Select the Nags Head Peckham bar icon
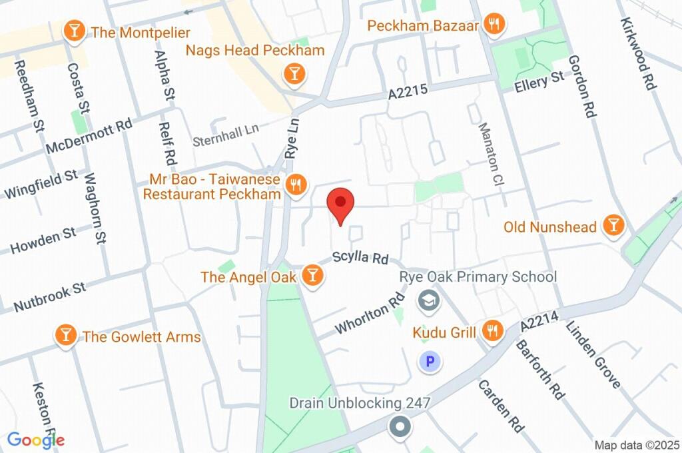coord(294,74)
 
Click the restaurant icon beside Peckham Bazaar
coord(494,25)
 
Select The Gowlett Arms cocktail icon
coord(65,336)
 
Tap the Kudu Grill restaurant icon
coord(492,332)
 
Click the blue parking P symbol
coord(430,362)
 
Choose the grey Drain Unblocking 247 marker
coord(400,426)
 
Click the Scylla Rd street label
coord(360,257)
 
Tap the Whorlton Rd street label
coord(371,314)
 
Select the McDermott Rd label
coord(89,137)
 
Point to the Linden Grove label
coord(593,354)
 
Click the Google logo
coord(35,440)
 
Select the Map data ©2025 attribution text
coord(636,445)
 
